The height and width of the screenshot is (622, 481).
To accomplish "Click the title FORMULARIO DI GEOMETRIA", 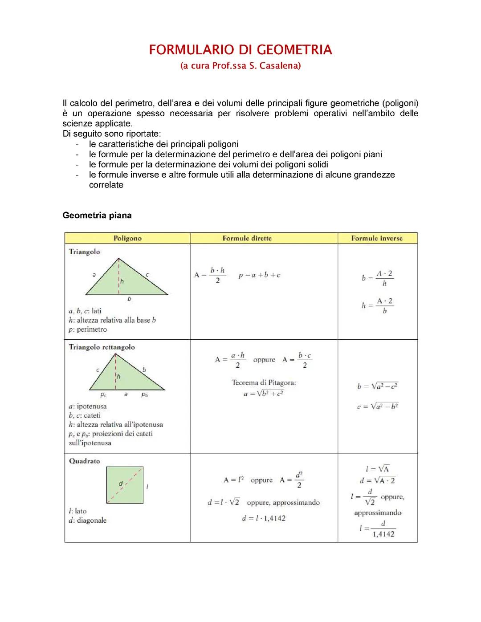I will pyautogui.click(x=240, y=50).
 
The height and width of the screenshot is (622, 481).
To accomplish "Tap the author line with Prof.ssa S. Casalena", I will pyautogui.click(x=240, y=66).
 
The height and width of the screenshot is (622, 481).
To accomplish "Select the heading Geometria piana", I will pyautogui.click(x=97, y=215).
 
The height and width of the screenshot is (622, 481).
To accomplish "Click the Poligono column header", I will pyautogui.click(x=127, y=238).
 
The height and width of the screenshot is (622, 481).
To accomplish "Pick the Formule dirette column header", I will pyautogui.click(x=247, y=238).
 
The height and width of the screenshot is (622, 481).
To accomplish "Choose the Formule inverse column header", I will pyautogui.click(x=377, y=238).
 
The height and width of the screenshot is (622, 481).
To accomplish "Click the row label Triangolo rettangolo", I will pyautogui.click(x=102, y=347).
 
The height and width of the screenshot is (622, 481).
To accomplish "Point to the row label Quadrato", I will pyautogui.click(x=84, y=461).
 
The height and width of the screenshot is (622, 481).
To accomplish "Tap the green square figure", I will pyautogui.click(x=125, y=485).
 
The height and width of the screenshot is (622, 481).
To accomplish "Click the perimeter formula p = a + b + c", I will pyautogui.click(x=259, y=275).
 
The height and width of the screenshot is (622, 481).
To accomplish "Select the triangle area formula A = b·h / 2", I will pyautogui.click(x=210, y=275).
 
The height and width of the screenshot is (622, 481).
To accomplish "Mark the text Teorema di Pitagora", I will pyautogui.click(x=264, y=382).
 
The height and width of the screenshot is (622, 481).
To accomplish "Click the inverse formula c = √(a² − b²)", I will pyautogui.click(x=377, y=407).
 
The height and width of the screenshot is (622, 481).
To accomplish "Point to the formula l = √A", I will pyautogui.click(x=377, y=469).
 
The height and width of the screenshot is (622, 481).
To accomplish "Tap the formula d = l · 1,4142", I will pyautogui.click(x=264, y=518).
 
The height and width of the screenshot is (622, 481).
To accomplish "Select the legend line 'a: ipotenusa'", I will pyautogui.click(x=88, y=406).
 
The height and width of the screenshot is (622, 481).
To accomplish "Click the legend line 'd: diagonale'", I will pyautogui.click(x=88, y=520).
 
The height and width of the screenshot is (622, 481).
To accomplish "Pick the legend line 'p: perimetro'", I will pyautogui.click(x=88, y=329).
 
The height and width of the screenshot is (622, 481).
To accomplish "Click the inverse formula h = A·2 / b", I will pyautogui.click(x=377, y=305).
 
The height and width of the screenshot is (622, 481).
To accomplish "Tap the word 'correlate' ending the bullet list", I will pyautogui.click(x=106, y=185).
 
